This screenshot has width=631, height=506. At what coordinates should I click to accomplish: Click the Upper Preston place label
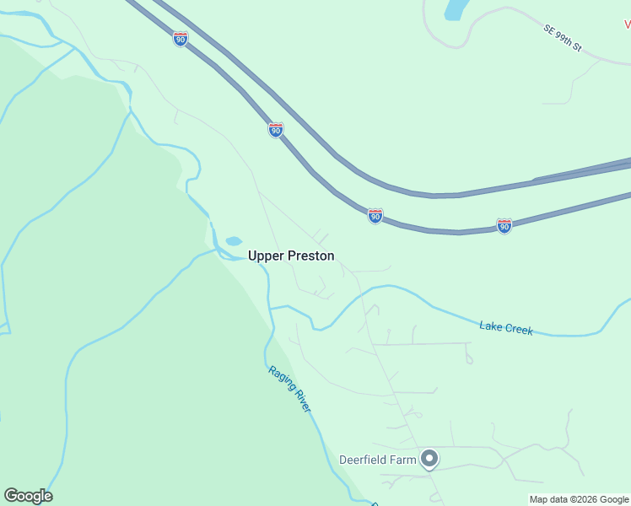pyautogui.click(x=291, y=256)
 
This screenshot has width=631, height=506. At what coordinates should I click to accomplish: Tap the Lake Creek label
pyautogui.click(x=506, y=328)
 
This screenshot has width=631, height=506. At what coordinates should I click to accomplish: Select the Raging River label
pyautogui.click(x=289, y=388)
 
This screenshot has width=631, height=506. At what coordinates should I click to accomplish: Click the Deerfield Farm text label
pyautogui.click(x=378, y=460)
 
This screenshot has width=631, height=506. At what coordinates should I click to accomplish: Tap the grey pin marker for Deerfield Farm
pyautogui.click(x=429, y=459)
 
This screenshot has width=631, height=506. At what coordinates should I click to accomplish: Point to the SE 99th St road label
pyautogui.click(x=563, y=39)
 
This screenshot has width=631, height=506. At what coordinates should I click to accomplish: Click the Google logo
pyautogui.click(x=28, y=496)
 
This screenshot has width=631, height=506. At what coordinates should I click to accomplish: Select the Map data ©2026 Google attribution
pyautogui.click(x=580, y=499)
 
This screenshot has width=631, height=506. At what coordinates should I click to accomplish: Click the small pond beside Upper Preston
pyautogui.click(x=234, y=241)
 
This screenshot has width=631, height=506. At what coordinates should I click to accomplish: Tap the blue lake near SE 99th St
pyautogui.click(x=456, y=9)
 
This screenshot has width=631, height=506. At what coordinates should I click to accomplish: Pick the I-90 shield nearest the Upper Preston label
pyautogui.click(x=375, y=216)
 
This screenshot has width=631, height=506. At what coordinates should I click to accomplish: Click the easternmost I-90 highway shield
pyautogui.click(x=504, y=226)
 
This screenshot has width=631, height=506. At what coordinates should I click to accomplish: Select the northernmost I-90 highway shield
pyautogui.click(x=180, y=39)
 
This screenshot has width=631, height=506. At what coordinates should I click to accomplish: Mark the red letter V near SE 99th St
pyautogui.click(x=627, y=25)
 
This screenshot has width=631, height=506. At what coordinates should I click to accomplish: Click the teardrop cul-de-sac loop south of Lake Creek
pyautogui.click(x=469, y=358)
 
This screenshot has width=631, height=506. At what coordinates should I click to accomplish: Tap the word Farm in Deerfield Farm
pyautogui.click(x=403, y=460)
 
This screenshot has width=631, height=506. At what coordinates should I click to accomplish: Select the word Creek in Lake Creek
pyautogui.click(x=519, y=329)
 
